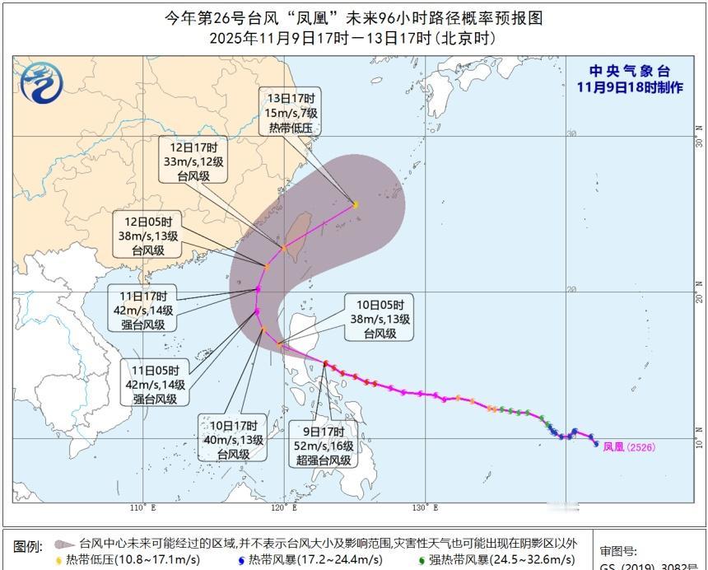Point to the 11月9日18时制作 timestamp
630,87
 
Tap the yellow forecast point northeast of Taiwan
356,204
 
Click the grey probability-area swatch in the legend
65,544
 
